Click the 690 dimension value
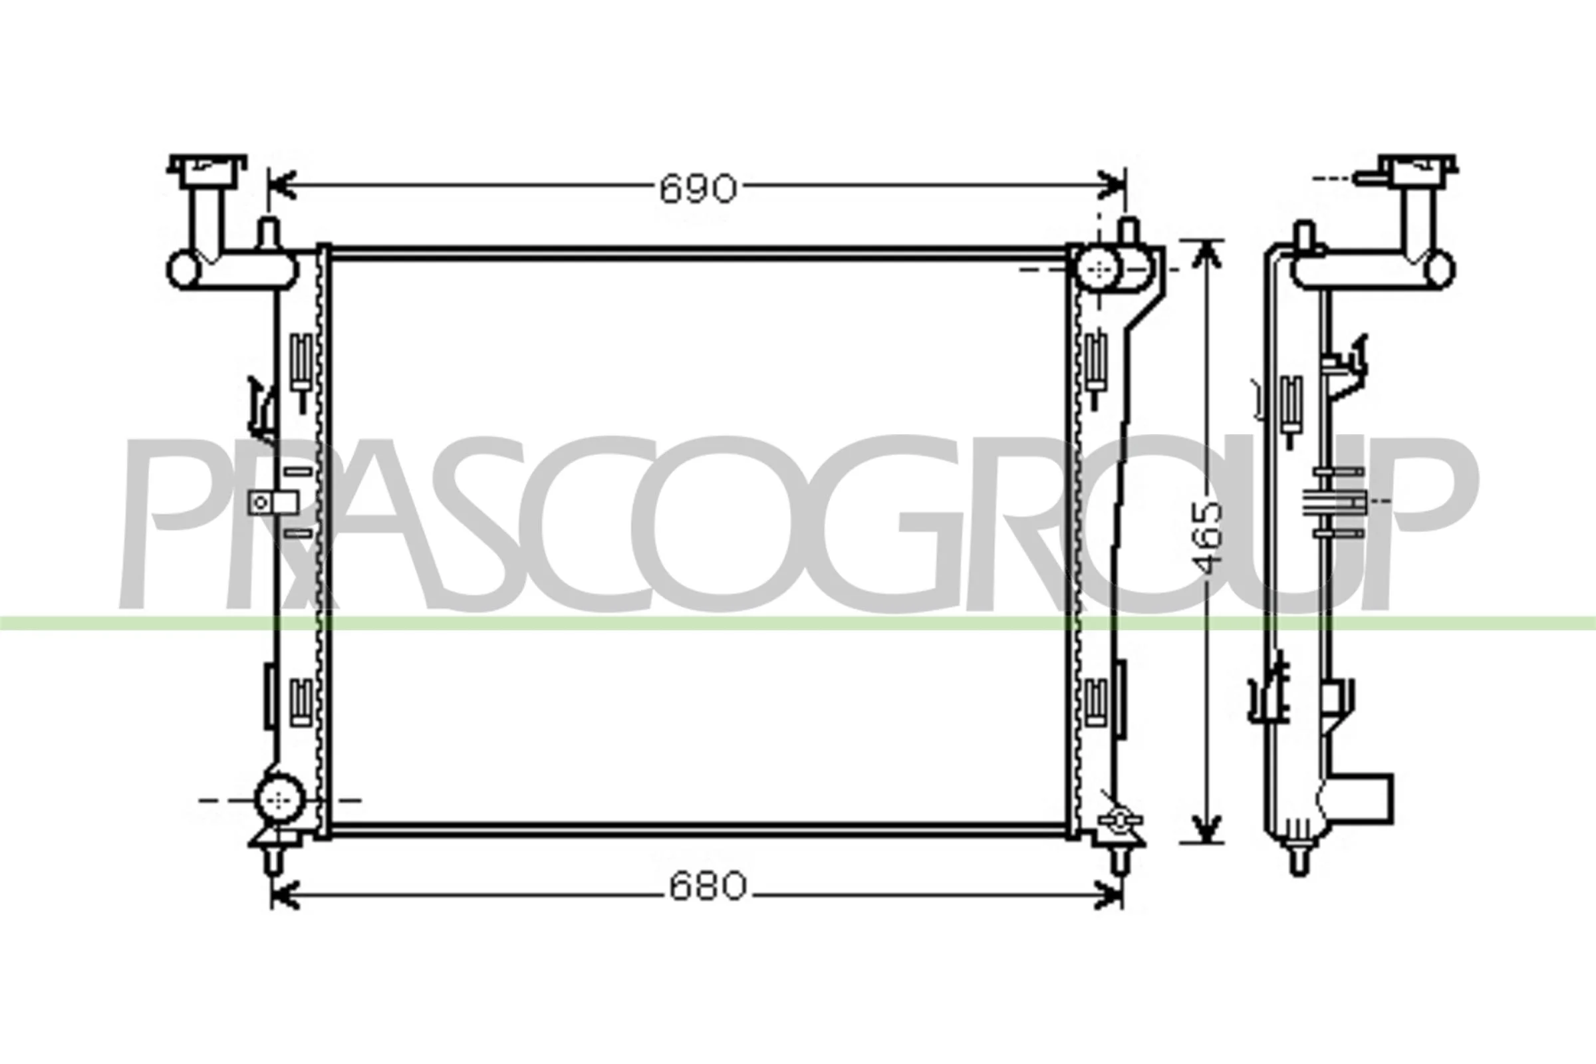pyautogui.click(x=698, y=189)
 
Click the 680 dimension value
pyautogui.click(x=708, y=886)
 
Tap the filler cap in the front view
pyautogui.click(x=207, y=171)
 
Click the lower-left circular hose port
pyautogui.click(x=279, y=799)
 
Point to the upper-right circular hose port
pyautogui.click(x=1097, y=269)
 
